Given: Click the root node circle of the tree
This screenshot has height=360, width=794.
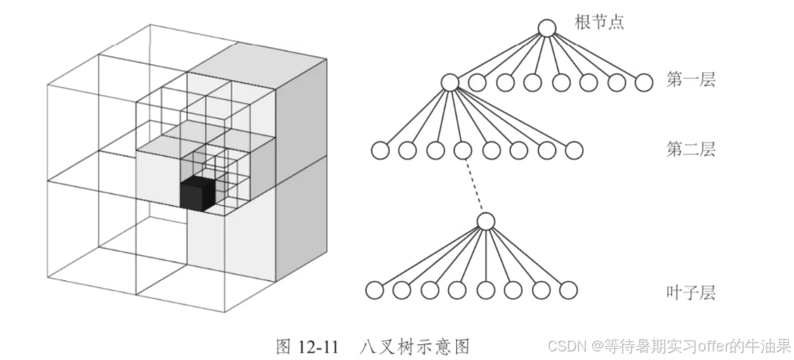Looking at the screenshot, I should click(x=547, y=28).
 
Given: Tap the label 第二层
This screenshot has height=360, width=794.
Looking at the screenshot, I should click(x=691, y=147).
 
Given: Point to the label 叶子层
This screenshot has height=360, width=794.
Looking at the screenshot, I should click(x=691, y=293).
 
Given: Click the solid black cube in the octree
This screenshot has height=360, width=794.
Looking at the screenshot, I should click(x=197, y=193).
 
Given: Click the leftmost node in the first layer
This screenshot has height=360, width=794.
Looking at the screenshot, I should click(x=449, y=81).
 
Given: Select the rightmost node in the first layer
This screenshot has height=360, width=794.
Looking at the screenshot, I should click(x=644, y=81).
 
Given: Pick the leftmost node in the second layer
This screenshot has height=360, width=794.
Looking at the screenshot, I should click(x=379, y=150).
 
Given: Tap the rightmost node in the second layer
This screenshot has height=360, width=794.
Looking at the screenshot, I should click(x=574, y=150).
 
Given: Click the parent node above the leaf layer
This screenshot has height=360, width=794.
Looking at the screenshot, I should click(x=486, y=221).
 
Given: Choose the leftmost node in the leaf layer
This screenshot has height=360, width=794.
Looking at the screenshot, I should click(x=374, y=290).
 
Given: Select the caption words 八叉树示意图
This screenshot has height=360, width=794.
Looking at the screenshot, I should click(x=416, y=345).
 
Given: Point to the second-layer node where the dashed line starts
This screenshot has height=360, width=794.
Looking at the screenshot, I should click(x=462, y=150).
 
